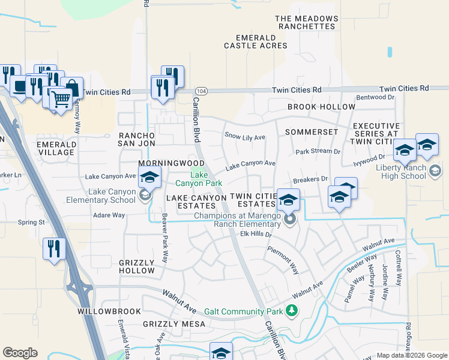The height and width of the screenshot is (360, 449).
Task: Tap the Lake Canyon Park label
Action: coord(207,179)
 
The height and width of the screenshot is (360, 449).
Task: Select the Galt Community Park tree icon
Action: coord(292,310)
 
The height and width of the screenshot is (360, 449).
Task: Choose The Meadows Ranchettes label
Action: coord(305,23)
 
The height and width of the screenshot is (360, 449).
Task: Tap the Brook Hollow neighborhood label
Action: coord(321,107)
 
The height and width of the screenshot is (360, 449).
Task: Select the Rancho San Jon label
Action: coord(137,140)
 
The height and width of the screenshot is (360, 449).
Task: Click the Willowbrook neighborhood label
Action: coord(109,312)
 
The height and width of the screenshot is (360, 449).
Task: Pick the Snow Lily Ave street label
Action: coord(244,137)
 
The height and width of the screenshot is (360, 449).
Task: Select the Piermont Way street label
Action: coord(283,260)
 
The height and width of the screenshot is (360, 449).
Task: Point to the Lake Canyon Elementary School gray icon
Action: coord(144,195)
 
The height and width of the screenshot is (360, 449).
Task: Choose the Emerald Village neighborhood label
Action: coord(56,148)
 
